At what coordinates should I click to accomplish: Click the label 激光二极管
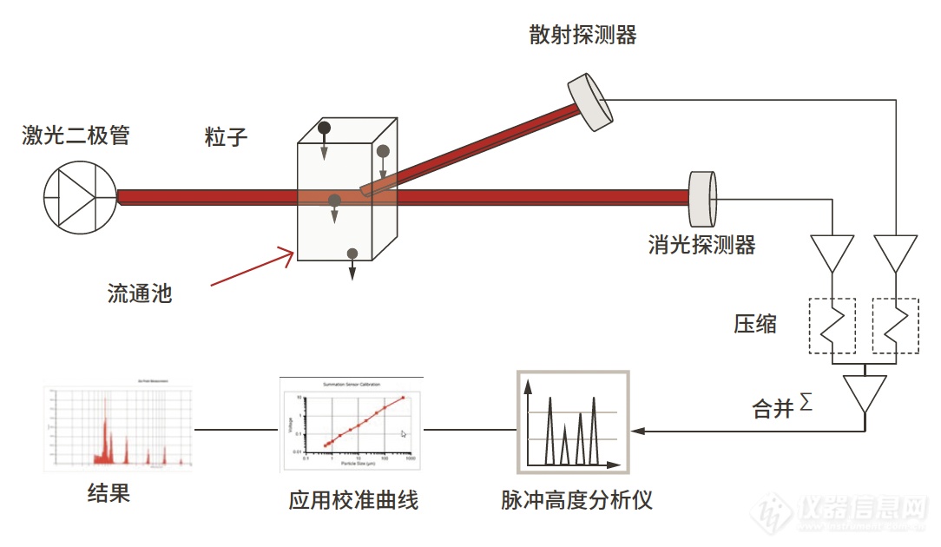coord(76,135)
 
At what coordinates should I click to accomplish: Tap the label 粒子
coord(227,136)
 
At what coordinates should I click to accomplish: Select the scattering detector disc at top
coord(591,102)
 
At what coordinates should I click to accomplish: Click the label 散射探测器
coord(582,35)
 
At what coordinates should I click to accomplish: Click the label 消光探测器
coord(701,245)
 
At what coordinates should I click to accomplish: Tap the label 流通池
coord(140,293)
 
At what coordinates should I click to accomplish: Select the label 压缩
coord(754,325)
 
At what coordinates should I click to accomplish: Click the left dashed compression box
coord(832,326)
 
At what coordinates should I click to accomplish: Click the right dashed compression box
coord(895,326)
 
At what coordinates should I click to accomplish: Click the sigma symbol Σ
coord(806,401)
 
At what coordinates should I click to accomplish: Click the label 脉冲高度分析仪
coord(576,500)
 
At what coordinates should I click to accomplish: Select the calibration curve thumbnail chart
coord(352,425)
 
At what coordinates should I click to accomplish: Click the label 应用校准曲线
coord(353,501)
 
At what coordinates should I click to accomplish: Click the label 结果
coord(109,494)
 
